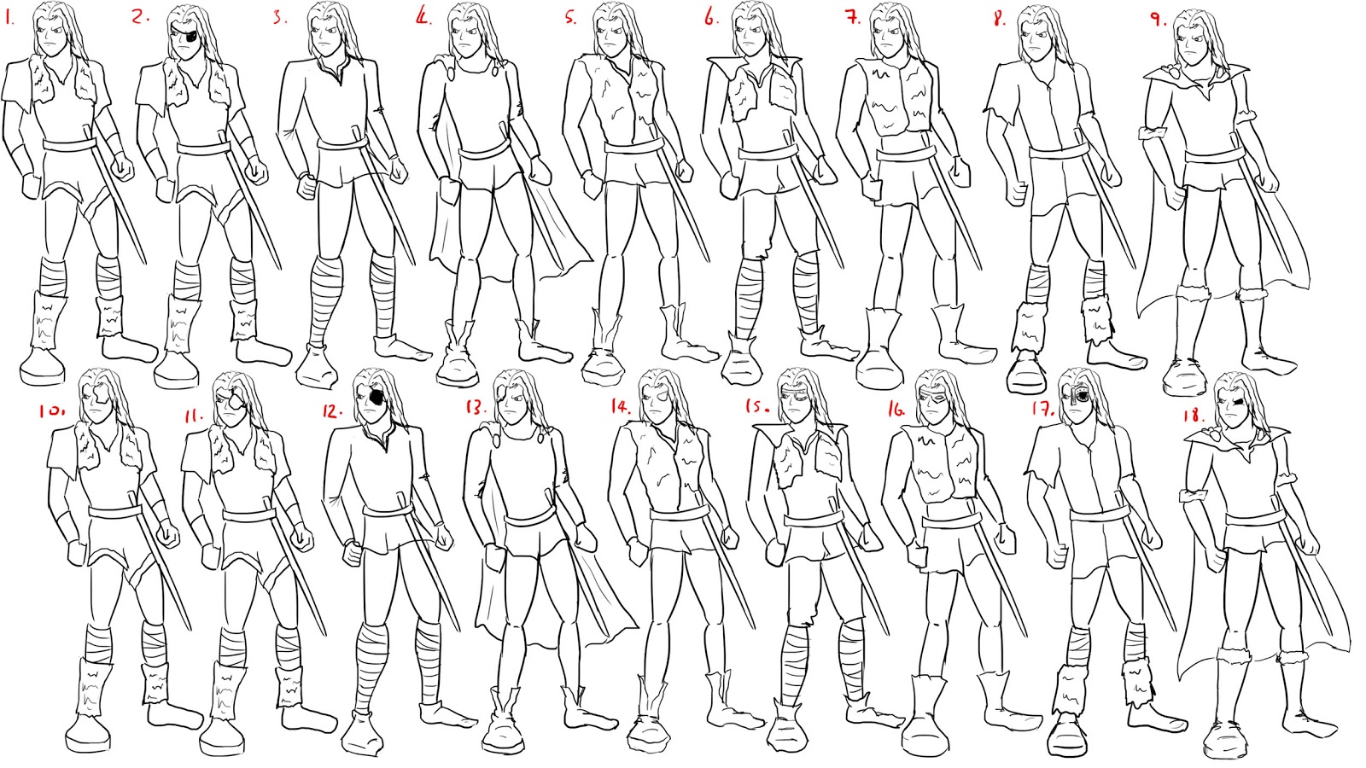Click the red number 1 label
10,16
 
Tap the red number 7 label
852,18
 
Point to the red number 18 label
1193,416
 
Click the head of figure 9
1192,38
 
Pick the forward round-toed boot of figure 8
1025,373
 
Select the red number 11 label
194,416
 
